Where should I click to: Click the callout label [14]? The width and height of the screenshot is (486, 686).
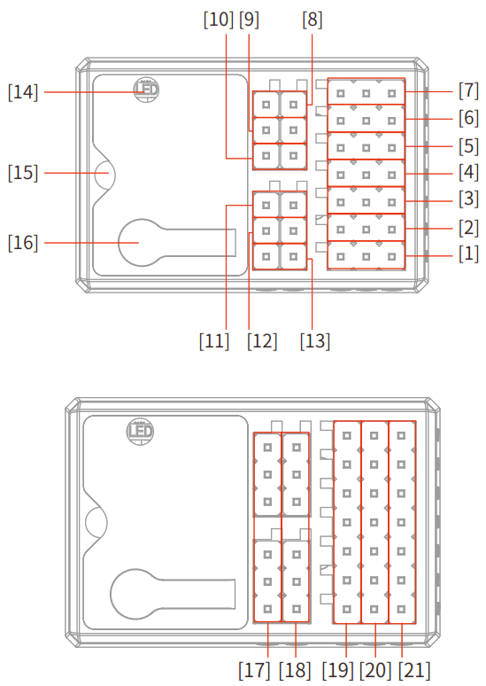(23, 91)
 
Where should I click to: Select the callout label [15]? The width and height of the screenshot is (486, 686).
(23, 173)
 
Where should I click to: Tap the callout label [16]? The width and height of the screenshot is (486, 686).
(23, 241)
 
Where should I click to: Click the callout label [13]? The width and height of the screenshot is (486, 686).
(314, 339)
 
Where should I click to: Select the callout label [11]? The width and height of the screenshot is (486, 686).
(214, 339)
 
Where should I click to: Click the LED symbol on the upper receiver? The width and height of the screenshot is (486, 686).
(146, 90)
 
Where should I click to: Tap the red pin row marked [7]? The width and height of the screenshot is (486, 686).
(366, 92)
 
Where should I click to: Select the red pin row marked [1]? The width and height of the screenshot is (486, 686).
(366, 256)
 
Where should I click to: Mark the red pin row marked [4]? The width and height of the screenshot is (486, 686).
(366, 174)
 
